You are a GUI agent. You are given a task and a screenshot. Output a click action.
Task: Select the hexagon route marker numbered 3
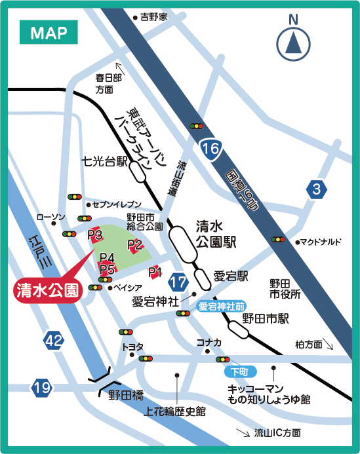pos(317,191)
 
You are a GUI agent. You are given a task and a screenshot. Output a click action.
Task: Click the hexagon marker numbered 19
pos(41,388)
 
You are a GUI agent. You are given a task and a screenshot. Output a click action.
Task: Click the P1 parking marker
pos(155,271)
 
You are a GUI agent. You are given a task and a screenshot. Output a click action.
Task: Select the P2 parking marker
pos(135,245)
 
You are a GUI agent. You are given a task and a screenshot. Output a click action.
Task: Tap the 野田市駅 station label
pos(266,318)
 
